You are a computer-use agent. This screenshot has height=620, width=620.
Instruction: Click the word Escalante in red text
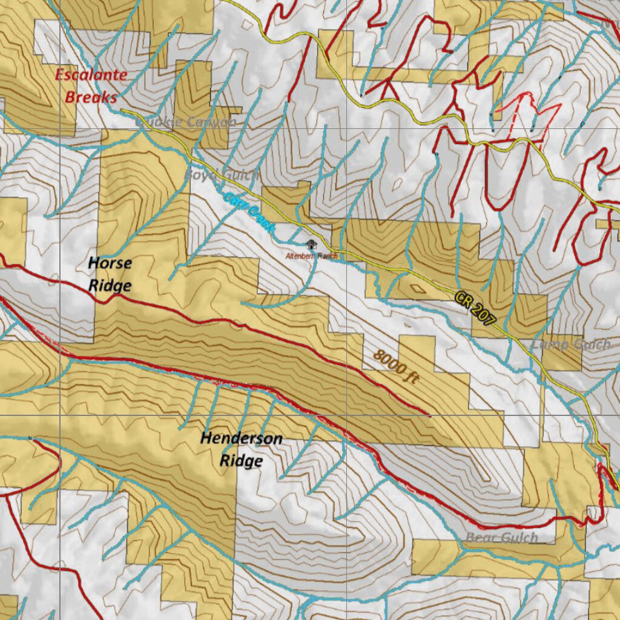point(91,75)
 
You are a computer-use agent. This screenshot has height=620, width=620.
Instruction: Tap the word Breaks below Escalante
point(91,97)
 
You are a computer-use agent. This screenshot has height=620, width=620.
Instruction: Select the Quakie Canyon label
point(186,122)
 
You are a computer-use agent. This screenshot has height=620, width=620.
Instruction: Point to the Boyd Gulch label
point(222,175)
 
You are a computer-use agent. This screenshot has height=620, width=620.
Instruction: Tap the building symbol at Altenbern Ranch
point(311,245)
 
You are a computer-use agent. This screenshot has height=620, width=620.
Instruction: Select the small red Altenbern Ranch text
point(311,256)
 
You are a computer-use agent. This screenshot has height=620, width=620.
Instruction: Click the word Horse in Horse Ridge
point(110,263)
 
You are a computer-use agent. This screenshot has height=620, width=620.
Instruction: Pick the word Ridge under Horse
point(110,285)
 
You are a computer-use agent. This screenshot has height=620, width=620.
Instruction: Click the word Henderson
point(241,438)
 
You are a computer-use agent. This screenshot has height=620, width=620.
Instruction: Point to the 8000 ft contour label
point(396,366)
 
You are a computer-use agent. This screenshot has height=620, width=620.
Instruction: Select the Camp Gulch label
point(571,345)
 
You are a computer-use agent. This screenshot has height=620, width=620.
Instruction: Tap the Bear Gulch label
point(502,538)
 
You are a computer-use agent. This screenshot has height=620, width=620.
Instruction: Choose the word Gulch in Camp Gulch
point(589,345)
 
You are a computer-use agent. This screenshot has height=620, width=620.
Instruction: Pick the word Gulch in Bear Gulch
point(518,538)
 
